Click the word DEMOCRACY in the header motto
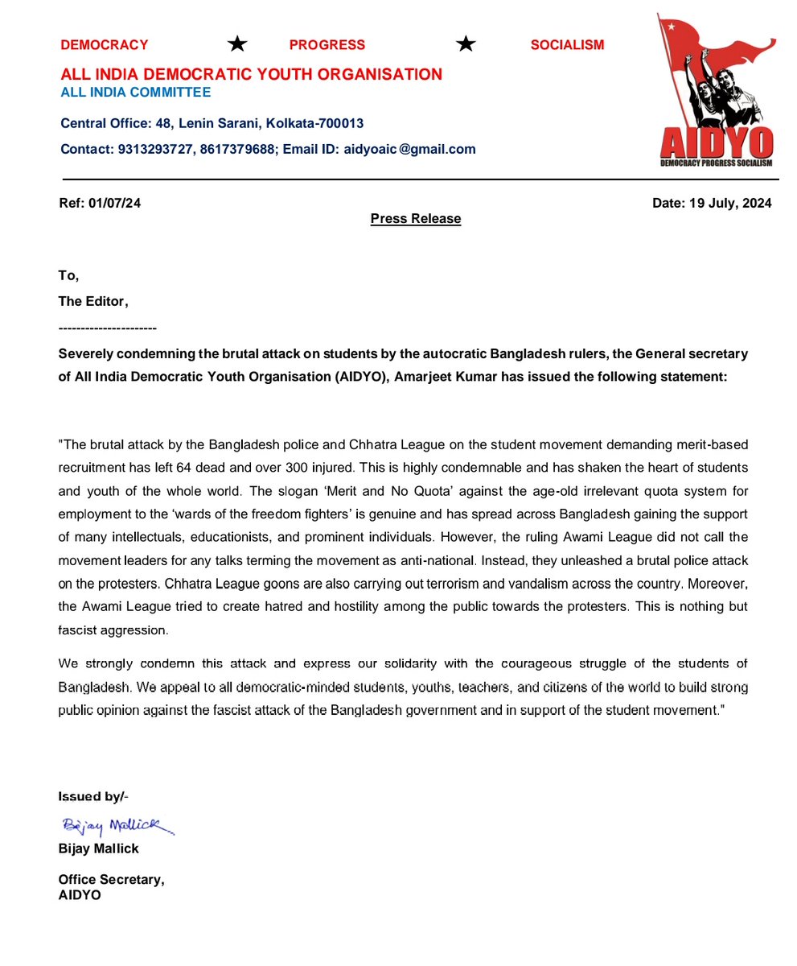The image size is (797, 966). (x=105, y=45)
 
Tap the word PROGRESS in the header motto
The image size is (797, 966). (x=327, y=45)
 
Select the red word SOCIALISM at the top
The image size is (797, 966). (x=567, y=45)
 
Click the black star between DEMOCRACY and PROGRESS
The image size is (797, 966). (x=236, y=44)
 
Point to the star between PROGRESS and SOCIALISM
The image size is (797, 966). (x=466, y=44)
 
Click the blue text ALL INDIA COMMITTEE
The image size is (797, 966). (x=136, y=93)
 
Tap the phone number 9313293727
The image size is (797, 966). (x=157, y=149)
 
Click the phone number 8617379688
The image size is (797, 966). (x=239, y=149)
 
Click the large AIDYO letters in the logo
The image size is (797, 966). (x=716, y=144)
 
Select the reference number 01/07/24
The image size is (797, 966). (x=115, y=204)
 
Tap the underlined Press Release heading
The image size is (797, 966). (x=416, y=219)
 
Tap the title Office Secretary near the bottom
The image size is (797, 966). (x=111, y=880)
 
